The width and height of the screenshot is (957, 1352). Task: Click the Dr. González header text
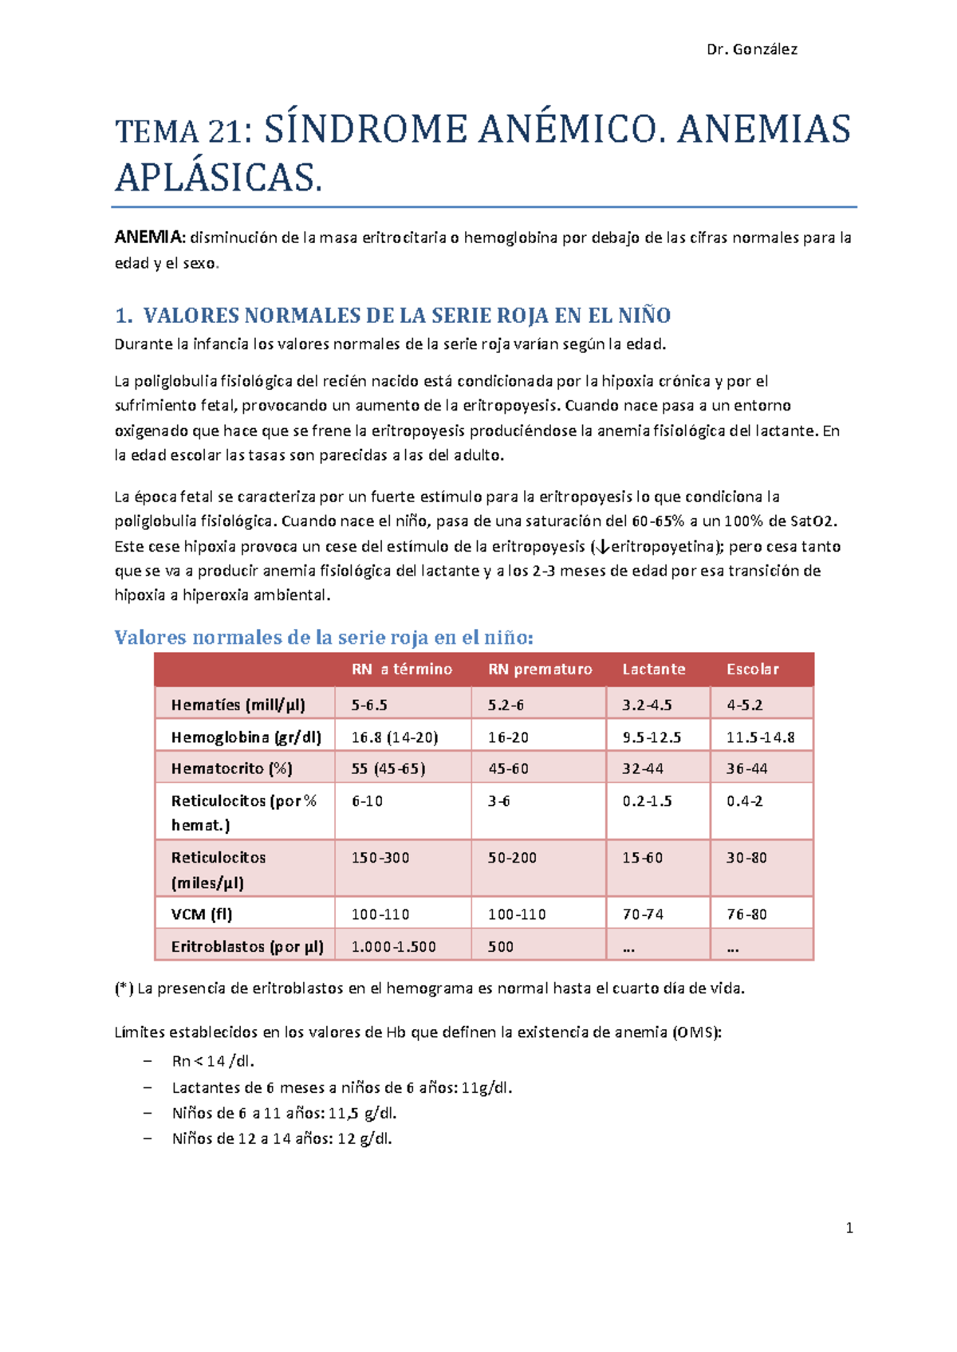pos(751,49)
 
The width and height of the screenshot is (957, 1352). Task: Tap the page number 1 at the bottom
pos(849,1228)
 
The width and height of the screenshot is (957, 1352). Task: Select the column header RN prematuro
pos(540,670)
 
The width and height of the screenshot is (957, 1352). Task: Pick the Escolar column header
pos(752,670)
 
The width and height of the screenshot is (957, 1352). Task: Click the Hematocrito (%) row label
pos(231,768)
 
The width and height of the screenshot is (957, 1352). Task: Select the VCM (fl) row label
pos(202,914)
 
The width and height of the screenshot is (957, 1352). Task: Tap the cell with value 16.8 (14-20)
pos(395,737)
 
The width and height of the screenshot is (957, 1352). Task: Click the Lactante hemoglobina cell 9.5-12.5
pos(652,737)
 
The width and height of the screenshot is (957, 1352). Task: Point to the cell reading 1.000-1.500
pos(394,947)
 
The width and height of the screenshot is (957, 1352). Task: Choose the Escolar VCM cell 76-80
pos(746,914)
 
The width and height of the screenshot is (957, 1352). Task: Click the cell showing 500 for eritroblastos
pos(501,947)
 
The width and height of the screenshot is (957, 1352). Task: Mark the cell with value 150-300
pos(380,858)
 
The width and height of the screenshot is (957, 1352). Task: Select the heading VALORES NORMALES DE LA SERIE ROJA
pos(406,316)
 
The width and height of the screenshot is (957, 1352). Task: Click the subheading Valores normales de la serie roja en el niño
pos(324,638)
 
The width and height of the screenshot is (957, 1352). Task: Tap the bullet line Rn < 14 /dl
pos(213,1061)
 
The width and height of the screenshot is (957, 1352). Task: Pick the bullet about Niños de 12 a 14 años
pos(282,1138)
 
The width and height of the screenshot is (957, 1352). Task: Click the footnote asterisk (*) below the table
pos(124,988)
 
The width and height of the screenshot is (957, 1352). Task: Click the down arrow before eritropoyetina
pos(602,547)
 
